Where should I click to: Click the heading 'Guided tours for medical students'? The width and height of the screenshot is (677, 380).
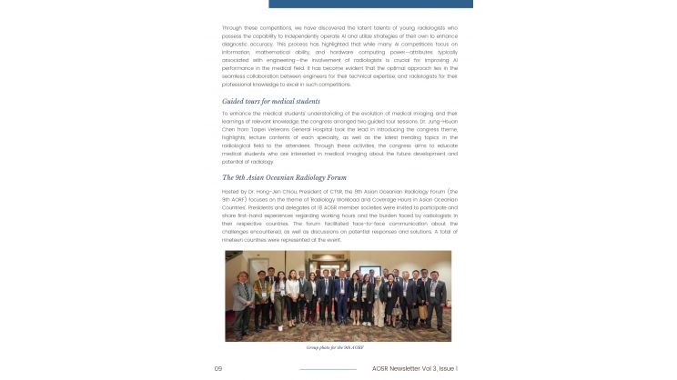[x=270, y=101]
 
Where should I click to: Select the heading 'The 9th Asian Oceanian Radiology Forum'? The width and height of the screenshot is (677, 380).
[x=284, y=177]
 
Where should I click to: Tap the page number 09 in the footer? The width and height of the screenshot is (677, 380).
[x=218, y=368]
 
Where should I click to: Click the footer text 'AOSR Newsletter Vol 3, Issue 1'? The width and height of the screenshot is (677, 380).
[x=414, y=368]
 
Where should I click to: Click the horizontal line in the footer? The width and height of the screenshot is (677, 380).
[x=328, y=369]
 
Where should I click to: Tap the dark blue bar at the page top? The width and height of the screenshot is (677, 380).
[x=370, y=4]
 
